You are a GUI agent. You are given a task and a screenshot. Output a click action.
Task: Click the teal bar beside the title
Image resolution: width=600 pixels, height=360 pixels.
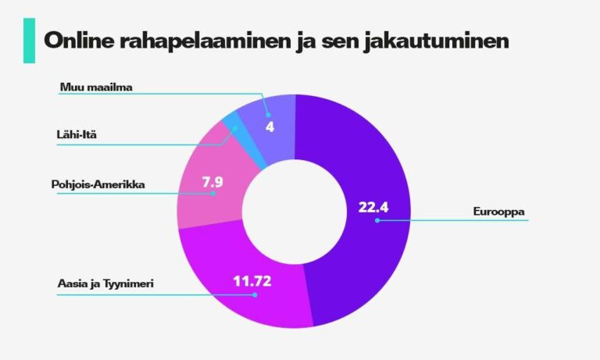[30, 41]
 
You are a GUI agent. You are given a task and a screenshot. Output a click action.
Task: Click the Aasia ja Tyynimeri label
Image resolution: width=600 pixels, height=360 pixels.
[105, 284]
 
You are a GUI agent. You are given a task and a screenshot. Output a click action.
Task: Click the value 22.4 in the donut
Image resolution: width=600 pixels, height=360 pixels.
[373, 208]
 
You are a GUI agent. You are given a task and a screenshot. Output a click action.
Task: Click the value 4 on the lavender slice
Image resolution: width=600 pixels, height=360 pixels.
[270, 127]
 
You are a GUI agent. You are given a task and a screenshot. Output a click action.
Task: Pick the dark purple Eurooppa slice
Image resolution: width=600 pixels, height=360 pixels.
[367, 156]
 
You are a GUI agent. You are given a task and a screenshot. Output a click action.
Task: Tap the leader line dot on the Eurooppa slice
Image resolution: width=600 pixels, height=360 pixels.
[377, 221]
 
